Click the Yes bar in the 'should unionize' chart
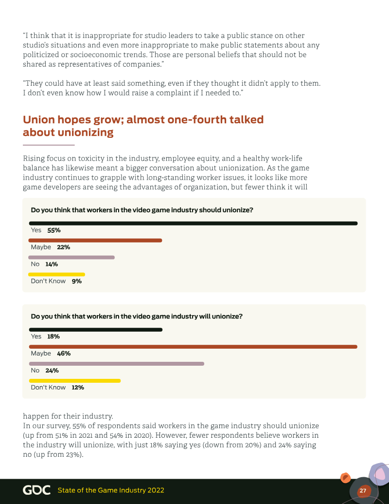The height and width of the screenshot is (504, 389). click(x=193, y=224)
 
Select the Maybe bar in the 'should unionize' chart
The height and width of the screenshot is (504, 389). click(x=95, y=241)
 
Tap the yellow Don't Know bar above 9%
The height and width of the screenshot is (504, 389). click(x=57, y=275)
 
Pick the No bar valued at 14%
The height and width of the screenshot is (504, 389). click(x=71, y=258)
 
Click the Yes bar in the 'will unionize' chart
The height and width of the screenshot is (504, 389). click(x=96, y=330)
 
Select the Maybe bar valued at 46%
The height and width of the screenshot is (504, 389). click(x=193, y=347)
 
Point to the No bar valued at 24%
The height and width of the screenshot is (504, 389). click(x=117, y=364)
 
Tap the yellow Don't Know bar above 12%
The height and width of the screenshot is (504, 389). click(x=75, y=381)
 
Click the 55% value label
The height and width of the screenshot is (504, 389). click(x=53, y=230)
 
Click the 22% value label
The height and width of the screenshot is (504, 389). click(x=63, y=247)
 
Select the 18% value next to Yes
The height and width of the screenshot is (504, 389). click(x=53, y=336)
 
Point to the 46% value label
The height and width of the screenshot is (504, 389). click(x=64, y=354)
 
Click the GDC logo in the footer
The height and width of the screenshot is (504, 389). click(x=36, y=490)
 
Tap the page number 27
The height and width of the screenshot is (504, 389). click(x=363, y=491)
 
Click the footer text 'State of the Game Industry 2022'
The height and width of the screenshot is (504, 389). click(x=111, y=490)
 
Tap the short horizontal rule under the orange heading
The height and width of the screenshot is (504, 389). click(x=49, y=145)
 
